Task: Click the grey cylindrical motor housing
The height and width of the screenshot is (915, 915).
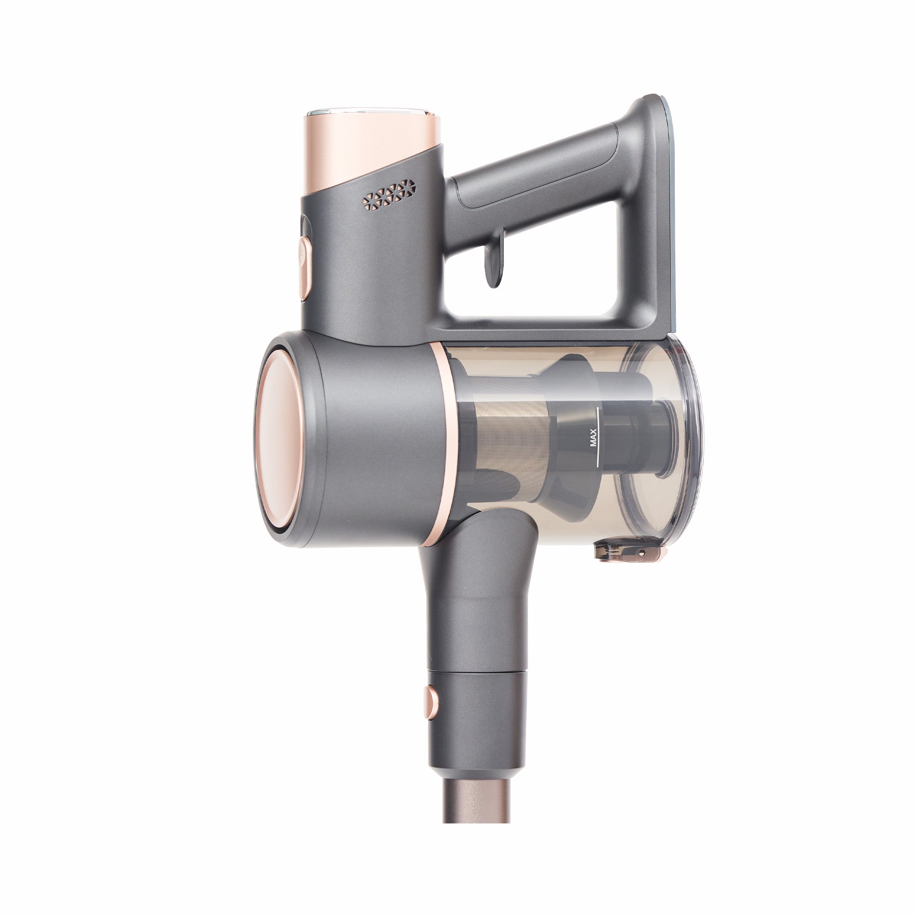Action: click(x=379, y=441)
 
